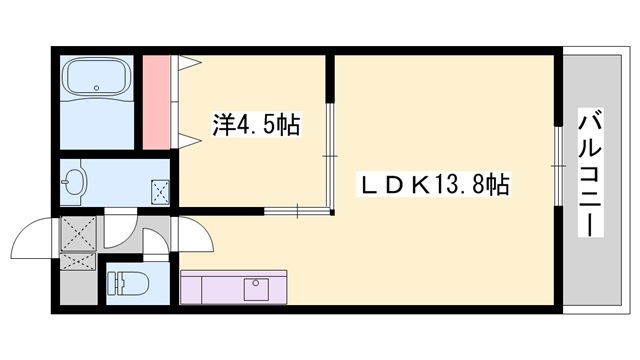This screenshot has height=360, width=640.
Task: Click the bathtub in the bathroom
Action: (x=97, y=76)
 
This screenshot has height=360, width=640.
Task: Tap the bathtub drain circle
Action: (x=97, y=88)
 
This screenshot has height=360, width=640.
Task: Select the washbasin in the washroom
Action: (x=75, y=182)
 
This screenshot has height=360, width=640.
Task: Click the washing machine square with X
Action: (x=160, y=191)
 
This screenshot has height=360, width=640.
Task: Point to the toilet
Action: (x=127, y=283)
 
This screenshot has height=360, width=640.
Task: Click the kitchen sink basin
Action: (x=256, y=289)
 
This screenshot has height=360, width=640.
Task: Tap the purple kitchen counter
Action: (x=233, y=287)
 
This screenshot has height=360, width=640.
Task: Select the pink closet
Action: (x=156, y=102)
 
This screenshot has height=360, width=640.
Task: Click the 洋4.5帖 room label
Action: (x=256, y=124)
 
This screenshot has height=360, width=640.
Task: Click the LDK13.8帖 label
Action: (x=433, y=184)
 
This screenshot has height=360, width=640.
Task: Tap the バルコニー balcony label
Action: (x=591, y=173)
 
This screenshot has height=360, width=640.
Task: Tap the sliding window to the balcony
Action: (x=558, y=166)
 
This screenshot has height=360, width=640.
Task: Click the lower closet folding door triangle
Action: (x=190, y=141)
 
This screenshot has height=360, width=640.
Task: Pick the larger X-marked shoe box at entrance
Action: (x=78, y=234)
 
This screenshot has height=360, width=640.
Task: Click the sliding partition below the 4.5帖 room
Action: (x=297, y=211)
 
